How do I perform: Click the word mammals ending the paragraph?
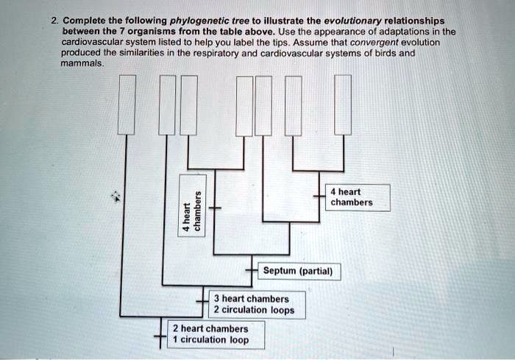click(x=83, y=64)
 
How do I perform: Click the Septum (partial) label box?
click(x=297, y=272)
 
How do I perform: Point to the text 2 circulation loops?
click(x=254, y=310)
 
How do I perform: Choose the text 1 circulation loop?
click(x=210, y=340)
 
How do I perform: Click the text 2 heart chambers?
click(x=210, y=329)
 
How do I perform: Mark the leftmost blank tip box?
click(x=127, y=105)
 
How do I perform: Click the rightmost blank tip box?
click(x=343, y=105)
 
